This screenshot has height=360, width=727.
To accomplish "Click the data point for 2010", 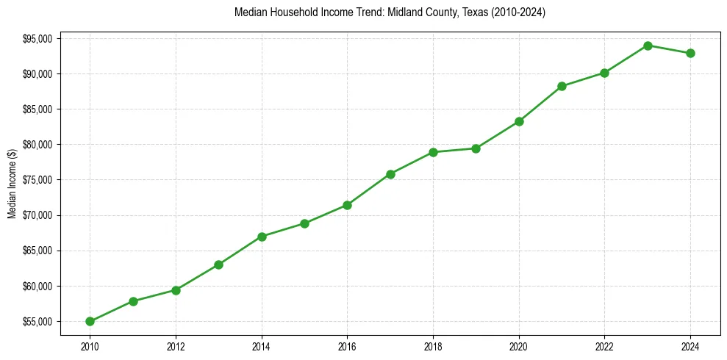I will (90, 321).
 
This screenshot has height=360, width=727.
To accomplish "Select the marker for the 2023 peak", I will (648, 46).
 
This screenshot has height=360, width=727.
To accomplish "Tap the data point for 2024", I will (690, 53).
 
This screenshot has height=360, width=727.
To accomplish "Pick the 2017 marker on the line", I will (390, 174).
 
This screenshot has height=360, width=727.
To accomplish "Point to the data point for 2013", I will (218, 264).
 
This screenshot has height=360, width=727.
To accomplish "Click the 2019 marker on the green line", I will (476, 148).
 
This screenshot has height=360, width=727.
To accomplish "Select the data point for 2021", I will (562, 86).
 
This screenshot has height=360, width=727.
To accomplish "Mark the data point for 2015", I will (304, 223).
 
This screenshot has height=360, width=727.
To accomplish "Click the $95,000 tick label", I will (37, 38).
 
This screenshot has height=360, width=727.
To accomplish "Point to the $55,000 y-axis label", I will (37, 321).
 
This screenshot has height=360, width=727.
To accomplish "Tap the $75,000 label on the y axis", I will (37, 180).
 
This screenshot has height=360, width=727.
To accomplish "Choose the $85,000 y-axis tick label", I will (37, 109).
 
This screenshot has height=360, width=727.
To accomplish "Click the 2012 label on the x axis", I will (176, 345).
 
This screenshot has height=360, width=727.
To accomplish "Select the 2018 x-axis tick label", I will (433, 345).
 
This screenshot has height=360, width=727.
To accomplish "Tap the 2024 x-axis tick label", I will (690, 345).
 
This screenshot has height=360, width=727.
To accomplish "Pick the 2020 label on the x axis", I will (519, 345).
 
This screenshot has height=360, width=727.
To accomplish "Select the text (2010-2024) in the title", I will (518, 12).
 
